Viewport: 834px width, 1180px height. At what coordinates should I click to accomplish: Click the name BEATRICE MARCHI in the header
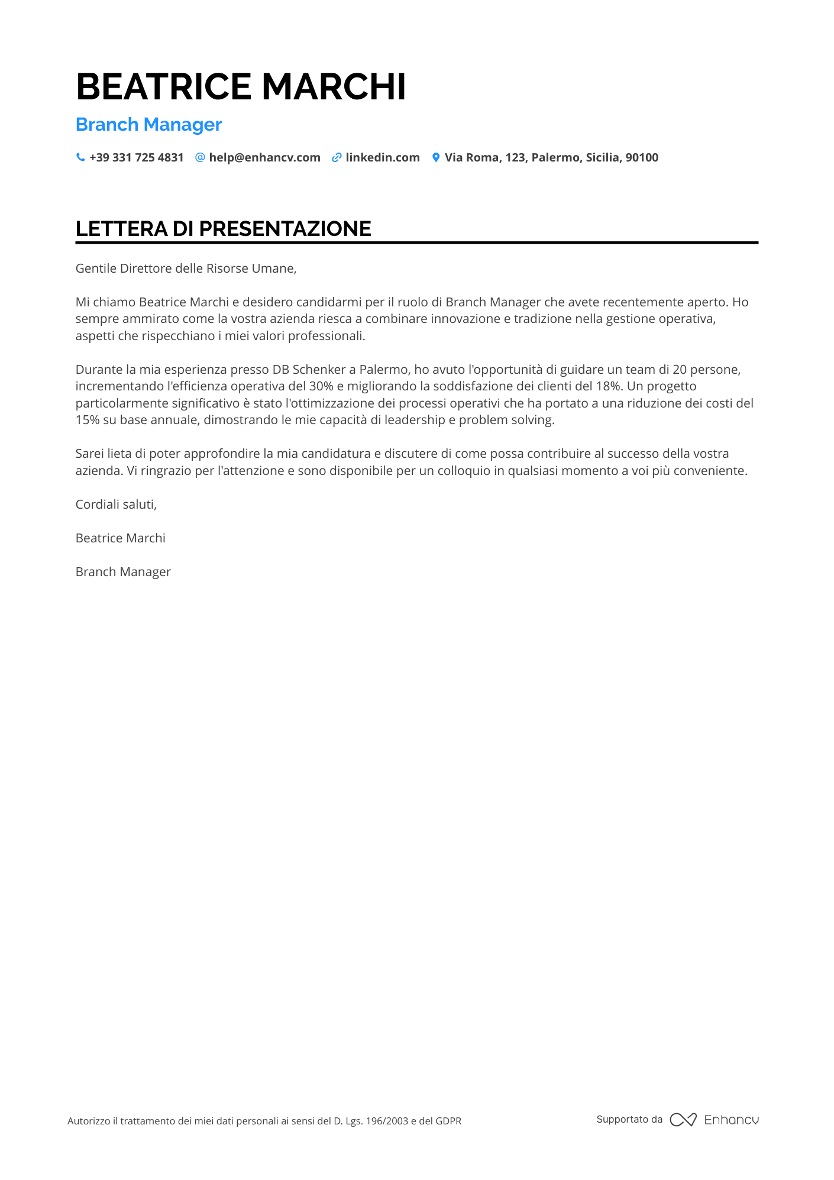241,87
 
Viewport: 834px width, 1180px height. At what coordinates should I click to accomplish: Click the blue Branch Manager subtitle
148,125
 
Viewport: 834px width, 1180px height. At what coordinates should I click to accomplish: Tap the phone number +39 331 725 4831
137,158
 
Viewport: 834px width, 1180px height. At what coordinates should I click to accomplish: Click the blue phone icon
80,157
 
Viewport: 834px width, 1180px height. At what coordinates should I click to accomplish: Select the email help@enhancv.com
264,158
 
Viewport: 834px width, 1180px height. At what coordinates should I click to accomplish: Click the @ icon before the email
200,157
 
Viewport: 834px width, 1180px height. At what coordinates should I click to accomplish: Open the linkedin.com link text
383,158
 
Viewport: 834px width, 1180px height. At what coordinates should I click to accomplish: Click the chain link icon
337,157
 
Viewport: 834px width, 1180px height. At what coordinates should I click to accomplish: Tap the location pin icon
436,157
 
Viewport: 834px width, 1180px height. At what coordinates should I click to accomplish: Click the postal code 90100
642,158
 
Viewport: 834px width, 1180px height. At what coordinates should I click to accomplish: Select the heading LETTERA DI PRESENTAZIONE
223,229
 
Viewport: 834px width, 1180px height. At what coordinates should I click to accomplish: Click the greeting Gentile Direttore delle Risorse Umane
186,269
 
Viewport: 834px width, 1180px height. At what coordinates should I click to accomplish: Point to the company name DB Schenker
309,370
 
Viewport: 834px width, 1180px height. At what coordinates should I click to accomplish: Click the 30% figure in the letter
321,386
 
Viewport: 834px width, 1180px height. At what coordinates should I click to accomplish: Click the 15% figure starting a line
87,421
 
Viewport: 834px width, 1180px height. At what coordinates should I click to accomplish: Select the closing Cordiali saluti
116,505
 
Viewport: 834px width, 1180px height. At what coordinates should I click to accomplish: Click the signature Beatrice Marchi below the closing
120,538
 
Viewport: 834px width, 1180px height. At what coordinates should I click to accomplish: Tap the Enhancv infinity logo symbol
683,1120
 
